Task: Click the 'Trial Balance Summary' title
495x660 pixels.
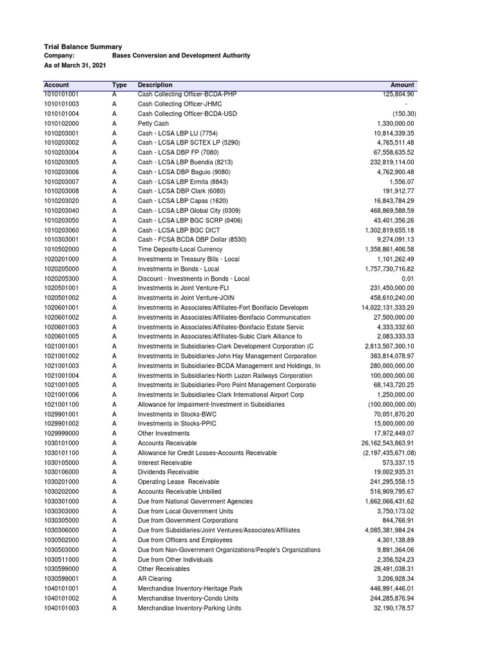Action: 82,46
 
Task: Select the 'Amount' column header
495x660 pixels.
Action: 402,85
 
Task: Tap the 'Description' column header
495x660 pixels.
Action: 155,85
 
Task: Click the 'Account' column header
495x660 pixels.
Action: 56,85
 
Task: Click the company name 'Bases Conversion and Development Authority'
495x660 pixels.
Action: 181,56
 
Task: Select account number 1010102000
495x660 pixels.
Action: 61,123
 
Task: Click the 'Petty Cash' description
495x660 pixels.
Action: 153,123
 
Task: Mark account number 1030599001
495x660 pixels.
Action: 61,579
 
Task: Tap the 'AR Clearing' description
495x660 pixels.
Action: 155,579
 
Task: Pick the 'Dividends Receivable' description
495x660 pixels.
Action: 168,472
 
